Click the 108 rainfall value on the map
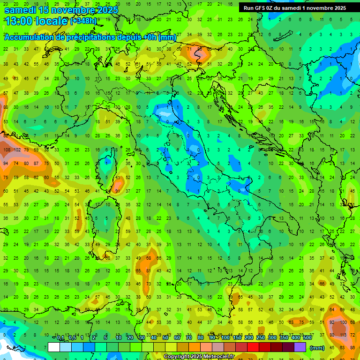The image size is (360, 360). [7, 150]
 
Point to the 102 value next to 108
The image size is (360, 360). [17, 150]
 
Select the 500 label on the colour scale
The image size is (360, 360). [307, 338]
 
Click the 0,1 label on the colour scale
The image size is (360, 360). [60, 338]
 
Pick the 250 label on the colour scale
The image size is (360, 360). [261, 338]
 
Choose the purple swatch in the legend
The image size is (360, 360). [300, 347]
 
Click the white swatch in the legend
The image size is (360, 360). [54, 347]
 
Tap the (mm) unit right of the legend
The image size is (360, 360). [317, 348]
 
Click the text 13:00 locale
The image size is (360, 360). [37, 21]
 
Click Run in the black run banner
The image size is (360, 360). [248, 8]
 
